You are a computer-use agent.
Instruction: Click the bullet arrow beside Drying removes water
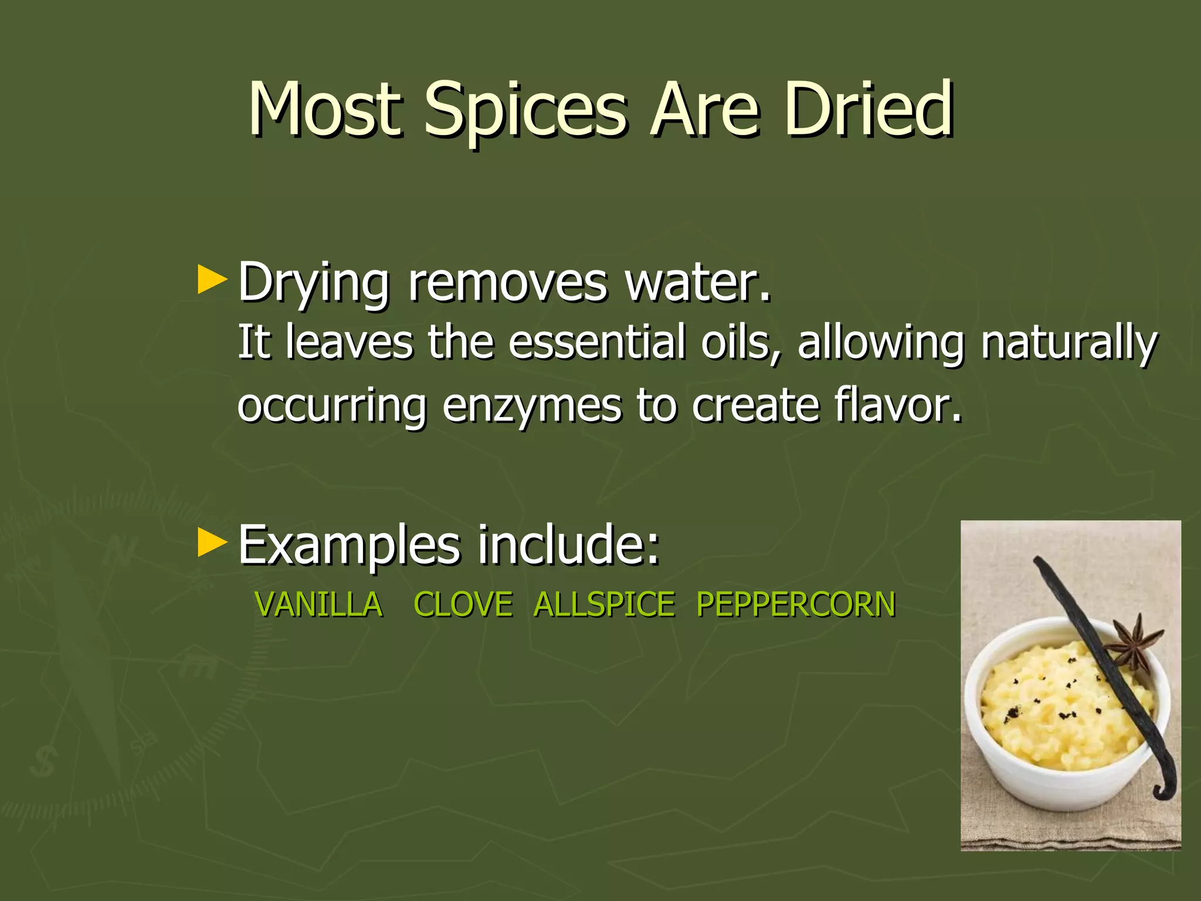pyautogui.click(x=212, y=280)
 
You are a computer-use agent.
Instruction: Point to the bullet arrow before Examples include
pyautogui.click(x=212, y=543)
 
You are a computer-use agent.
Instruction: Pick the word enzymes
pyautogui.click(x=531, y=406)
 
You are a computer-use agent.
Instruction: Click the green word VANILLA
pyautogui.click(x=319, y=604)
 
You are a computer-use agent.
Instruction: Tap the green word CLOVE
pyautogui.click(x=463, y=604)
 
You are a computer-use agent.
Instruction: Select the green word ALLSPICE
pyautogui.click(x=605, y=604)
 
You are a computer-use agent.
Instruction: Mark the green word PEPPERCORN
pyautogui.click(x=796, y=604)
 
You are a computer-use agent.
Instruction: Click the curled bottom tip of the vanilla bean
pyautogui.click(x=1164, y=789)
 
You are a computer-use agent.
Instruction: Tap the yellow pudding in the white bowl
pyautogui.click(x=1050, y=704)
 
